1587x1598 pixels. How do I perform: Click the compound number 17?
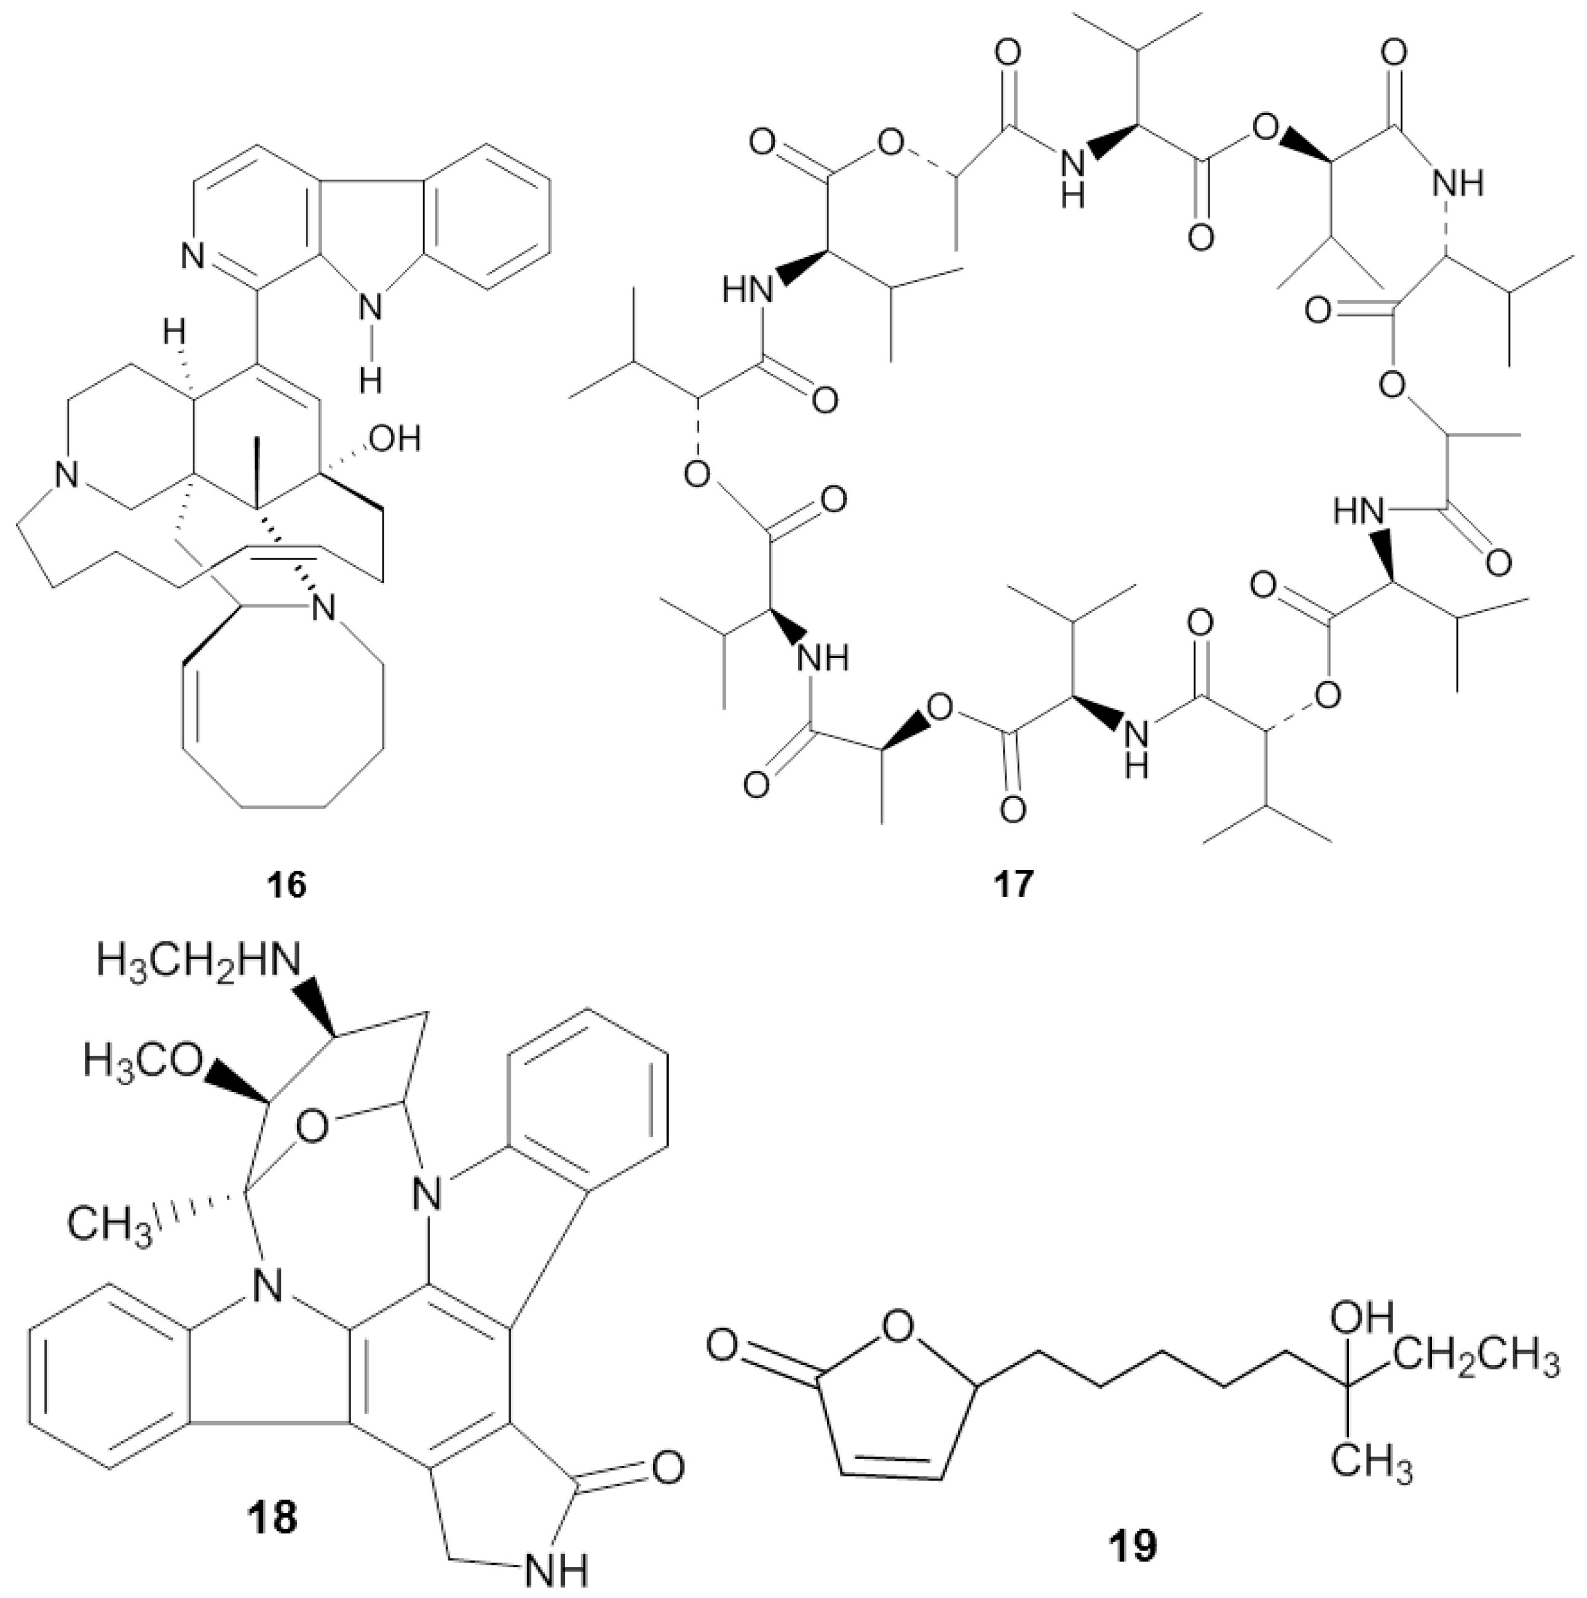click(1014, 884)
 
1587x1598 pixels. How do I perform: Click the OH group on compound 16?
click(396, 438)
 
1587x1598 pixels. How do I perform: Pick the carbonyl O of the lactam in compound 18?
click(667, 1468)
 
